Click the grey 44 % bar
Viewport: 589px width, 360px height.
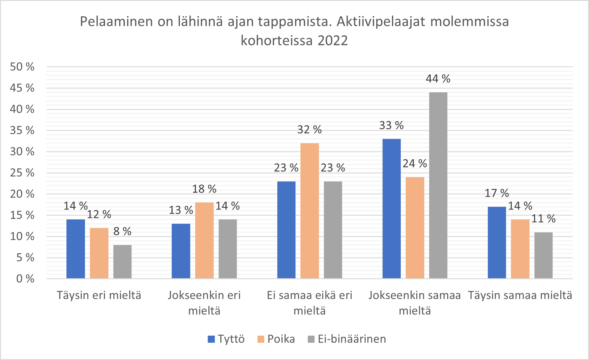[438, 185]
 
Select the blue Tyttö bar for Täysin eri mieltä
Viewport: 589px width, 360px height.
[76, 249]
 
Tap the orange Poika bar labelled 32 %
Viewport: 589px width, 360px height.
[310, 211]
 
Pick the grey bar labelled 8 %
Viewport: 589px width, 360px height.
[122, 262]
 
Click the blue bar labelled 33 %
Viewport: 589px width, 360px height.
[391, 209]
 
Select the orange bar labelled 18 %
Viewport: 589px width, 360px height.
[204, 240]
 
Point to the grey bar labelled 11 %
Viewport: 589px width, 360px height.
[543, 255]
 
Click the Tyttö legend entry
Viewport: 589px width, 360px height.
[226, 339]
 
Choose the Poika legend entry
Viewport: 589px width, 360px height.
[276, 339]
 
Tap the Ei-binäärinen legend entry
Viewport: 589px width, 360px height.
[347, 339]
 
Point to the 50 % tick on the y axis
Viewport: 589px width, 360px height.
[22, 67]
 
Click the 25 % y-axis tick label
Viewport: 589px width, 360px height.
[22, 173]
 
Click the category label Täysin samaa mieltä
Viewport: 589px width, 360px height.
[520, 296]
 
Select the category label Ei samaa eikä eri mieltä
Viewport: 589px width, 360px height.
[309, 303]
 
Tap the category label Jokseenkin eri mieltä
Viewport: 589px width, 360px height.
[204, 303]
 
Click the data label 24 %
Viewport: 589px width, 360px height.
[415, 163]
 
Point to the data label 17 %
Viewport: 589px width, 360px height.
[497, 193]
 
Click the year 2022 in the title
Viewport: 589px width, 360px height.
[332, 41]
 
